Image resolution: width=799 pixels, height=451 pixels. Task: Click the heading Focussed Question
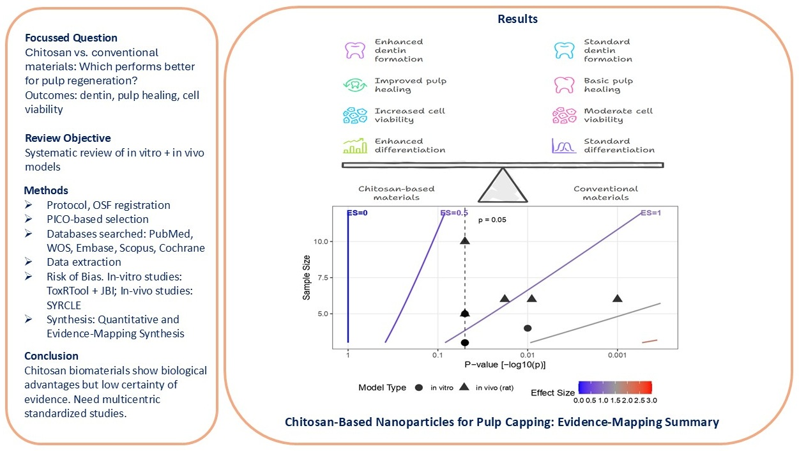click(71, 38)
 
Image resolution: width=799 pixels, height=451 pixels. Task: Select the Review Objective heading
click(68, 138)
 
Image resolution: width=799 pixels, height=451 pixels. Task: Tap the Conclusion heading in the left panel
click(51, 356)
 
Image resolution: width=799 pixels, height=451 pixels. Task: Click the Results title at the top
click(517, 19)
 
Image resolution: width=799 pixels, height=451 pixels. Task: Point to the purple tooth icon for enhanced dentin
click(353, 50)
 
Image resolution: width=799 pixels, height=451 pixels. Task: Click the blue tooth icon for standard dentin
click(564, 50)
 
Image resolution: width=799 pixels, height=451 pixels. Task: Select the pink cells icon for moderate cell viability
click(564, 116)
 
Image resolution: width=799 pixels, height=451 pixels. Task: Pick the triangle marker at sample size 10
click(465, 240)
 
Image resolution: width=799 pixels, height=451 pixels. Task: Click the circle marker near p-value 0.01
click(528, 328)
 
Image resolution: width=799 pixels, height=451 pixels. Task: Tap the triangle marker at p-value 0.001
click(618, 298)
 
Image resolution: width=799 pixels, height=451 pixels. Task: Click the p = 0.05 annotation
click(492, 220)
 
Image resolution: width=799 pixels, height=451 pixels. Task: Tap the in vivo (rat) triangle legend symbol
click(464, 387)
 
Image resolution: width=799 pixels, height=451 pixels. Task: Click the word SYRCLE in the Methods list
click(63, 305)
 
